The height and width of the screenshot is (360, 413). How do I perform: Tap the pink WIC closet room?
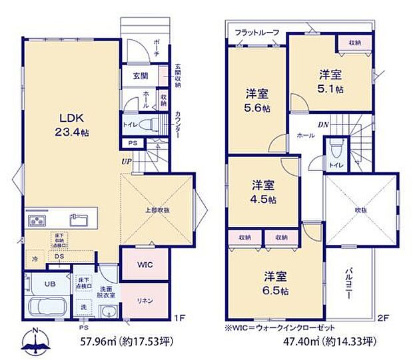point(145,265)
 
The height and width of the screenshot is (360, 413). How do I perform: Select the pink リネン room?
point(145,300)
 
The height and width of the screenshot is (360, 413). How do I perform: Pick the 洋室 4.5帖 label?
point(264,191)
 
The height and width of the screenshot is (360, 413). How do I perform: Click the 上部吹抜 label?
point(158,210)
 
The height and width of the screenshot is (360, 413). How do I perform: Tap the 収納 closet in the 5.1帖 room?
point(355,42)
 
